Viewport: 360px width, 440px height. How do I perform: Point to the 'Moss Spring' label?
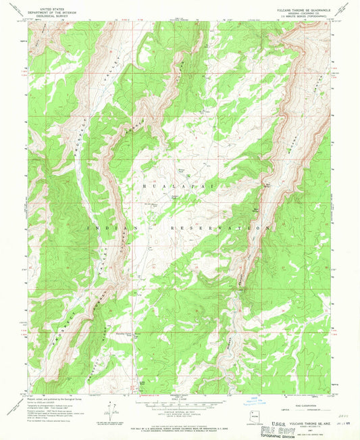pyautogui.click(x=255, y=210)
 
